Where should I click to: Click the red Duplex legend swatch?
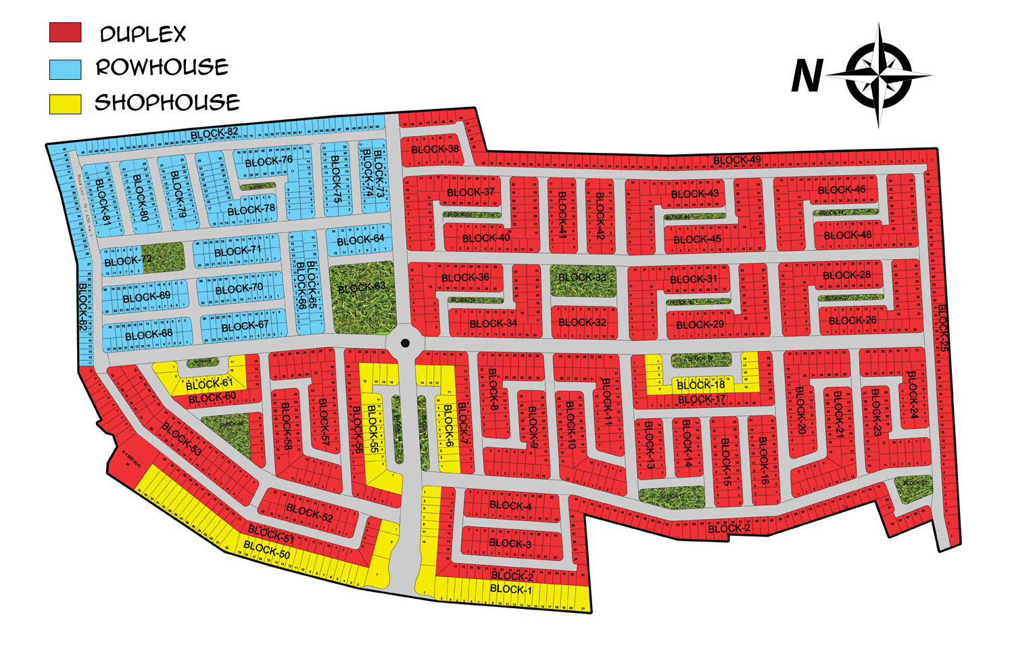click(65, 32)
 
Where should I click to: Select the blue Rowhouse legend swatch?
click(65, 69)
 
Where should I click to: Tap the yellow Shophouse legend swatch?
click(65, 104)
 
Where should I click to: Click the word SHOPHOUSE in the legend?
click(167, 103)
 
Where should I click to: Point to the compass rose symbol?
click(879, 75)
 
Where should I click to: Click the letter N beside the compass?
click(807, 76)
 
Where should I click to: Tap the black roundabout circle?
click(405, 344)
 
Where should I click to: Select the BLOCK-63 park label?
click(362, 288)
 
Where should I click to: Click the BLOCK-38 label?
click(435, 149)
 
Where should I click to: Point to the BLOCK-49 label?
click(737, 160)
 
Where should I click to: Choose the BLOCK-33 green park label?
click(582, 277)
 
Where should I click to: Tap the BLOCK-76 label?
click(269, 162)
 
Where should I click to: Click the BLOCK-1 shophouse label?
click(510, 589)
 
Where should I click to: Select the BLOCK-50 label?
click(267, 549)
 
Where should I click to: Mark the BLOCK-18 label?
click(701, 385)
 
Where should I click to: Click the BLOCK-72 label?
click(128, 260)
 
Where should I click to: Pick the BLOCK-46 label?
click(842, 190)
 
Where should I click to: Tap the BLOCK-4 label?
click(510, 505)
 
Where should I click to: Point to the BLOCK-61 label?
click(210, 384)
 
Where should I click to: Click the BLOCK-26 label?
click(852, 321)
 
